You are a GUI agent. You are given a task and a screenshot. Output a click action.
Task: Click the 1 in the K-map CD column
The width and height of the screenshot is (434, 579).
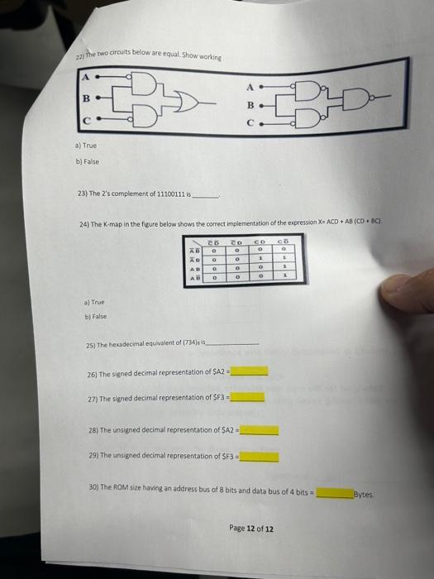click(260, 260)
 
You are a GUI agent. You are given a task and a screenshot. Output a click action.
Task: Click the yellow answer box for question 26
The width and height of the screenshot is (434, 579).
click(249, 371)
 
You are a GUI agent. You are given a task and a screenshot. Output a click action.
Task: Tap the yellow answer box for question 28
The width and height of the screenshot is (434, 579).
click(260, 430)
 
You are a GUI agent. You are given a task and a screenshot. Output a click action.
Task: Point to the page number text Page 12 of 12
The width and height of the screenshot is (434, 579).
click(251, 529)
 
